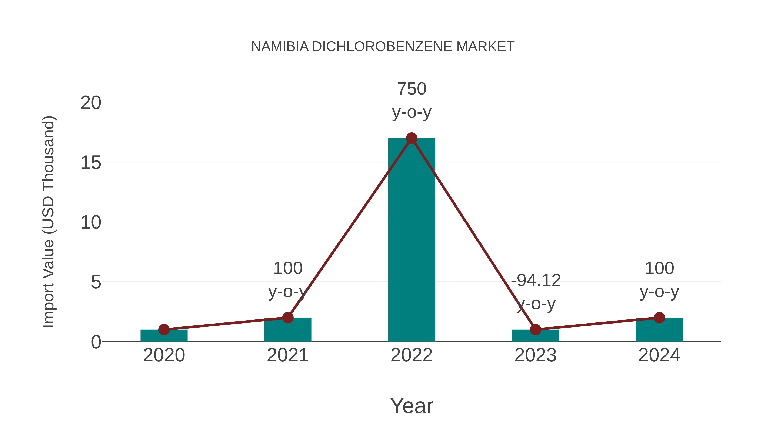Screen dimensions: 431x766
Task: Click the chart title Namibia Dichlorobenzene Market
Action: tap(383, 47)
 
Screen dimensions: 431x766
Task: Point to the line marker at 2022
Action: tap(412, 138)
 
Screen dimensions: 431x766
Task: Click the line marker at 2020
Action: tap(164, 329)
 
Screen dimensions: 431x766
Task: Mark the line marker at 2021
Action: tap(287, 318)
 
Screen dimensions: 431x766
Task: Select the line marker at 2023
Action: tap(535, 329)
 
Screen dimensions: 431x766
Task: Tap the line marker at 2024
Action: tap(659, 318)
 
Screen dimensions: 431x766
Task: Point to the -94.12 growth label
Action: tap(536, 281)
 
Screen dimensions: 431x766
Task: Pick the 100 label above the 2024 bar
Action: tap(659, 268)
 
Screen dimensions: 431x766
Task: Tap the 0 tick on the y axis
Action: tap(96, 342)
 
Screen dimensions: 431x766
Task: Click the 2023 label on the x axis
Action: tap(535, 355)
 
